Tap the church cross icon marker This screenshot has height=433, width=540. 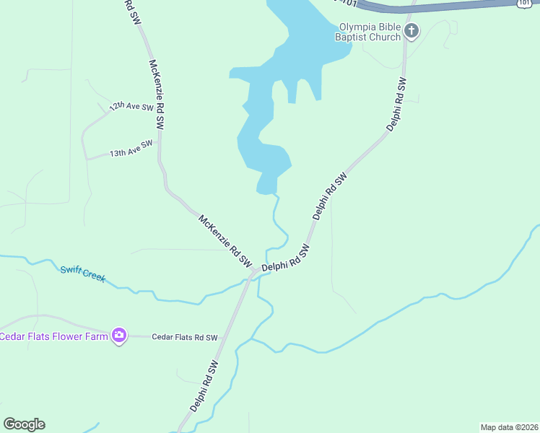point(411,30)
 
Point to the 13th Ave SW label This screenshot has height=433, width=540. point(131,149)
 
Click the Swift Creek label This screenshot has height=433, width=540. point(82,274)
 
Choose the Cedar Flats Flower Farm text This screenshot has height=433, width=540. point(54,336)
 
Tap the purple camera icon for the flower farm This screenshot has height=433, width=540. point(119,336)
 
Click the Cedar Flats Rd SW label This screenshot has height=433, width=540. point(185,337)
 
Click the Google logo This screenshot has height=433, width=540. point(24,424)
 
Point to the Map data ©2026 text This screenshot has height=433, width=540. point(509,427)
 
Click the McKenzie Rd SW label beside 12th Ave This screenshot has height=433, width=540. point(156,95)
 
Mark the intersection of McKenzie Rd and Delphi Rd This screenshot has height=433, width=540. point(252,274)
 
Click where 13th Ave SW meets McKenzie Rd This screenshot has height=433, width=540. point(159,141)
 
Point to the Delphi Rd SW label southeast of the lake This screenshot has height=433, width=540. point(330,195)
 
